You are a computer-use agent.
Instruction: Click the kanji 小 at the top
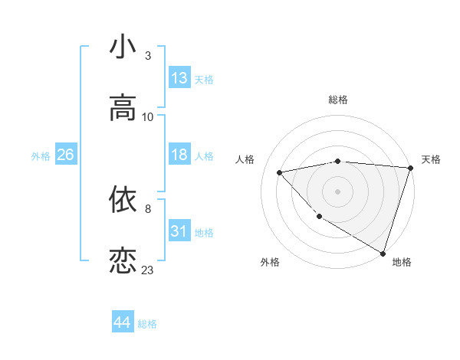click(x=123, y=47)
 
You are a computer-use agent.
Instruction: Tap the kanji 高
click(x=123, y=108)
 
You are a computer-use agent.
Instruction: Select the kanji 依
click(x=123, y=199)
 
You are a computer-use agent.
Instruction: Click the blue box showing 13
click(x=179, y=78)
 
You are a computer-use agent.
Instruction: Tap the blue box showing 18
click(x=179, y=155)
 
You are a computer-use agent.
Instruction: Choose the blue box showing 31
click(x=179, y=231)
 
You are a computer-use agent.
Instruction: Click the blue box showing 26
click(x=65, y=155)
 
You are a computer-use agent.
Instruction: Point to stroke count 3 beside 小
click(x=148, y=56)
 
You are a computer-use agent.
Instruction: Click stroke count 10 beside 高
click(x=148, y=117)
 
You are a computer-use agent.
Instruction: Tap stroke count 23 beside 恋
click(x=148, y=270)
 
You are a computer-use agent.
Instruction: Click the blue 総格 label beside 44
click(x=147, y=324)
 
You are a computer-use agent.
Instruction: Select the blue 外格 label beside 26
click(x=41, y=156)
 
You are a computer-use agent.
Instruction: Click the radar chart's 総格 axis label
click(x=338, y=100)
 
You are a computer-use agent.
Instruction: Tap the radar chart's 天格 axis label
click(x=431, y=159)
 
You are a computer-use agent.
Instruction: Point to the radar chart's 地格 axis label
click(x=402, y=262)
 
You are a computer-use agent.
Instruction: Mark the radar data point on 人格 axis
click(x=280, y=172)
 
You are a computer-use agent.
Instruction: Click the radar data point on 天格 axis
click(x=410, y=168)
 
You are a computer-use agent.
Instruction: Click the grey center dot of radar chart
click(x=338, y=191)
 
